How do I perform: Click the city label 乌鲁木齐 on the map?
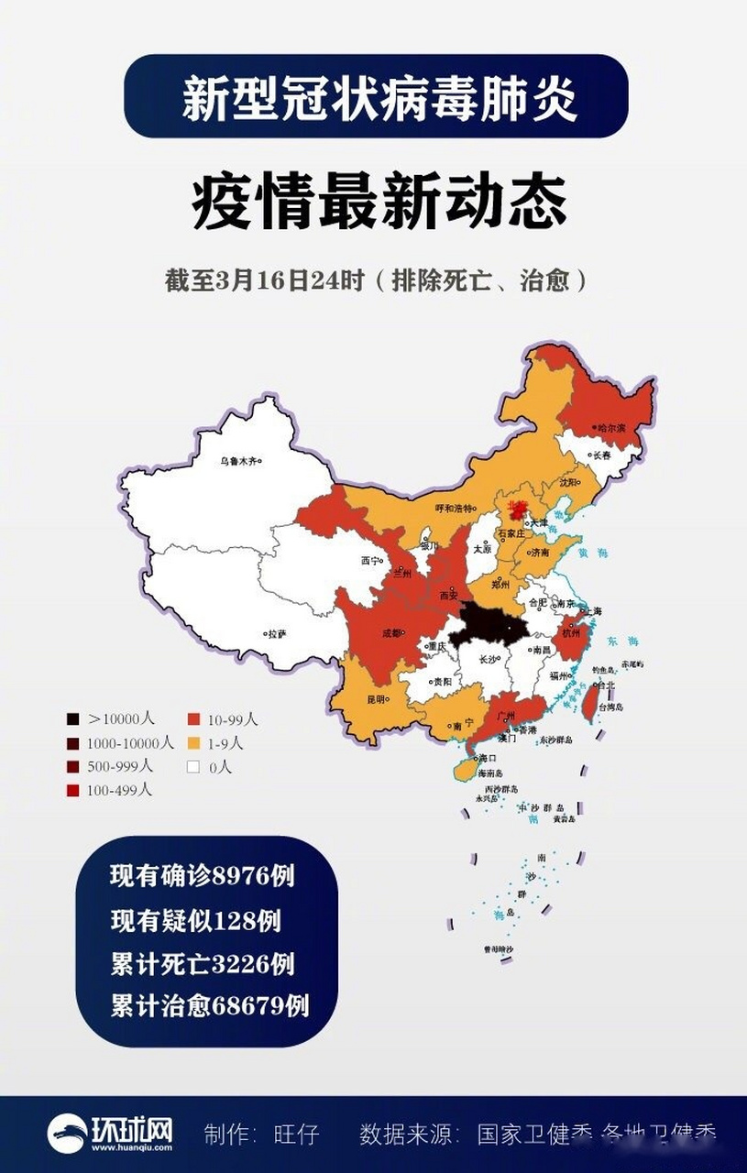point(239,462)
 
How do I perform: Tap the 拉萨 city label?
point(277,633)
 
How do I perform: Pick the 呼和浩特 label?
point(455,509)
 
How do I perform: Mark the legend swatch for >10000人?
point(72,720)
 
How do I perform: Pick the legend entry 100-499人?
point(111,789)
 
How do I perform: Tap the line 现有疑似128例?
point(195,920)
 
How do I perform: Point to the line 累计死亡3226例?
point(202,963)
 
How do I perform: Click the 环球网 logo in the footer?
point(111,1133)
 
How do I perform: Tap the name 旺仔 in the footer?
point(295,1135)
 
